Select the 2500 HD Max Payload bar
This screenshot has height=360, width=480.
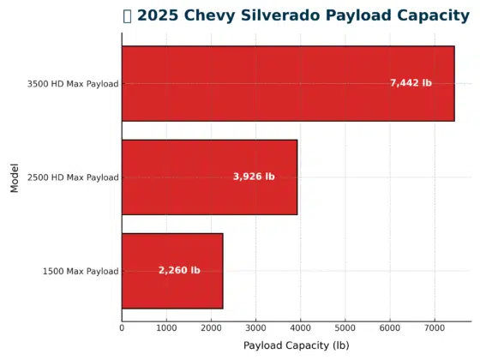[209, 177]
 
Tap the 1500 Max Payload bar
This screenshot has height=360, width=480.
[171, 271]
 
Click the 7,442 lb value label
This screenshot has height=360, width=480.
[411, 83]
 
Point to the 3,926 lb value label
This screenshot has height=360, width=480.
[254, 177]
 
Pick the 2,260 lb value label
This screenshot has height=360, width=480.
[179, 270]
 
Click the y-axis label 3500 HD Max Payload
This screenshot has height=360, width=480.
[73, 84]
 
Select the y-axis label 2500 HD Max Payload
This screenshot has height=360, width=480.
[73, 177]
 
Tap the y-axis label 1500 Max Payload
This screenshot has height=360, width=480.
[81, 272]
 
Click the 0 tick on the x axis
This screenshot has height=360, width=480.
[122, 327]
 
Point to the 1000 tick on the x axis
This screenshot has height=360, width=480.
[166, 327]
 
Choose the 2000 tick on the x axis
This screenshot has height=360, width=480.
[211, 327]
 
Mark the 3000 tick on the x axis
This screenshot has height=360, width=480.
[255, 327]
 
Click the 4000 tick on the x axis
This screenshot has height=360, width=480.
[301, 327]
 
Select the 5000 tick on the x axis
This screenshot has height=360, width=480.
[345, 327]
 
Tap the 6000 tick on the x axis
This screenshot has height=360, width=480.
[390, 327]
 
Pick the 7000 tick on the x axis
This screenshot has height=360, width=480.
[435, 327]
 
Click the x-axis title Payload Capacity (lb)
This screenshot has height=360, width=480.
[296, 345]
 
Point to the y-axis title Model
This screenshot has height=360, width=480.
[15, 177]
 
